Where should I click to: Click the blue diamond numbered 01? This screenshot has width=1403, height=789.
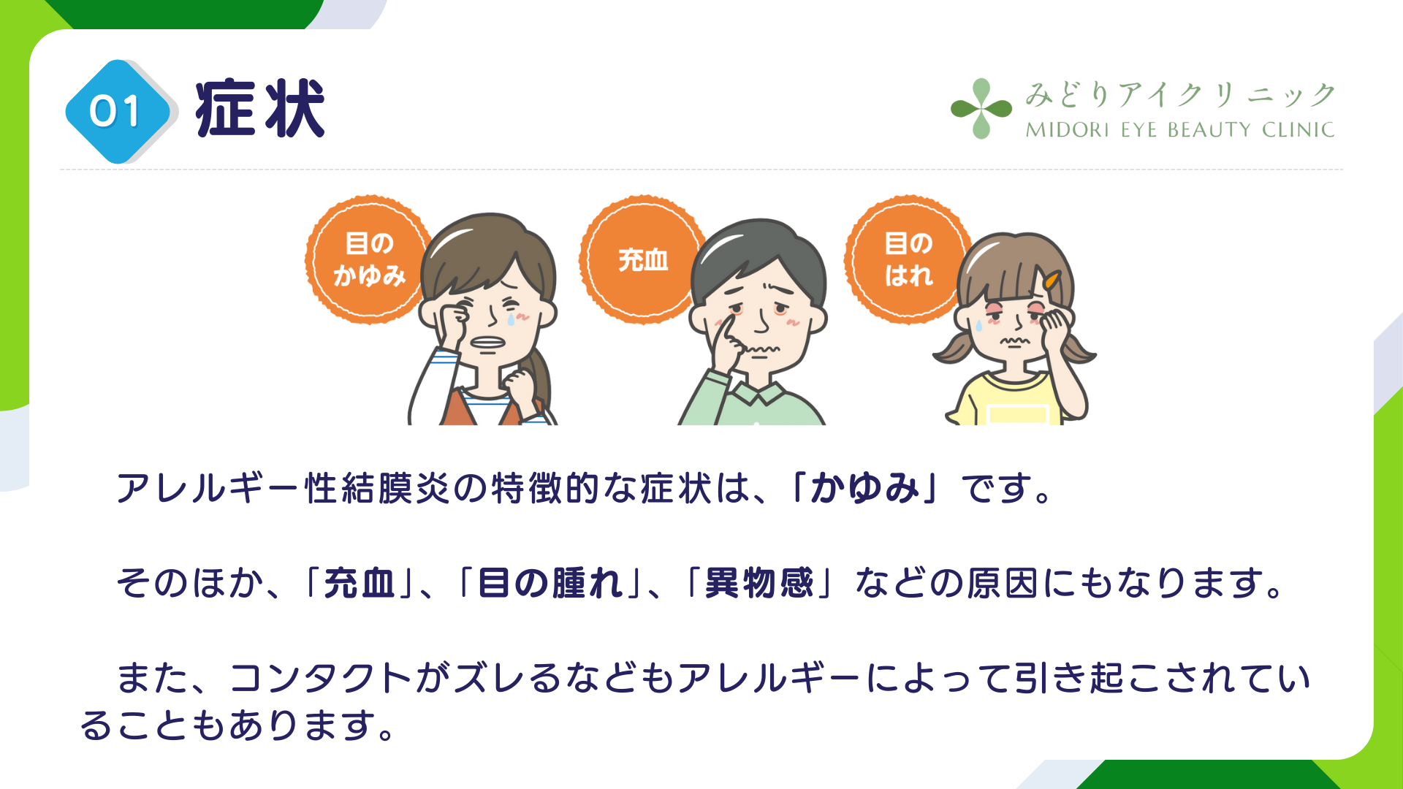(x=117, y=112)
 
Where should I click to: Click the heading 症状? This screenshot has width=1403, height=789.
(x=260, y=110)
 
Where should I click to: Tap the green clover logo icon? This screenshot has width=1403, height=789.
(x=981, y=109)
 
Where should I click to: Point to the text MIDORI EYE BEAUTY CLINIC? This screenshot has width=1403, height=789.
(x=1180, y=130)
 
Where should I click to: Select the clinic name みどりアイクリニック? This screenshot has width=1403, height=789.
(x=1180, y=95)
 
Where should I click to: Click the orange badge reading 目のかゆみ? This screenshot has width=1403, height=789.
(x=369, y=259)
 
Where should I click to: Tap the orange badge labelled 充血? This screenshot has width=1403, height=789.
(x=643, y=259)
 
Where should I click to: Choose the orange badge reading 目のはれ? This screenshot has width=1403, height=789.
(x=908, y=259)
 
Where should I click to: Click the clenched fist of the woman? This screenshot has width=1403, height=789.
(x=520, y=385)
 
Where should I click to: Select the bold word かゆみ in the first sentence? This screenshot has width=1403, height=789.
(x=864, y=488)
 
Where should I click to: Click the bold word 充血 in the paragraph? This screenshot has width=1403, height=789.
(x=360, y=583)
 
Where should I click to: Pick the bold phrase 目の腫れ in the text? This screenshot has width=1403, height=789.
(x=551, y=583)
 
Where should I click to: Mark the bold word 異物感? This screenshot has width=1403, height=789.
(x=759, y=583)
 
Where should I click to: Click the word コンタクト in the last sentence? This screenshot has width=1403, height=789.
(x=321, y=678)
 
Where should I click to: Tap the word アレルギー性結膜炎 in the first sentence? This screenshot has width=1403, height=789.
(x=284, y=488)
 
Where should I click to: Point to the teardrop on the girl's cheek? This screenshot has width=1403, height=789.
(x=978, y=325)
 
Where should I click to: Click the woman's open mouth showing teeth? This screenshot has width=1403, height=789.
(x=487, y=343)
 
